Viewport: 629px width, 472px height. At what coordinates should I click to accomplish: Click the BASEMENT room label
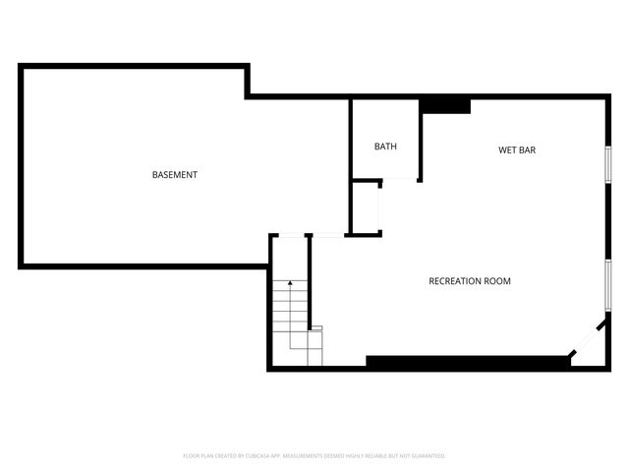pyautogui.click(x=175, y=175)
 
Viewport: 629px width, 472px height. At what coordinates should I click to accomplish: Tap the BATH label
pyautogui.click(x=385, y=147)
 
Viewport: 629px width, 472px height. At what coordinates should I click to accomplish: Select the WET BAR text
pyautogui.click(x=516, y=150)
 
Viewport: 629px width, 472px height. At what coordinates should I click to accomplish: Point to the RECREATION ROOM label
pyautogui.click(x=470, y=281)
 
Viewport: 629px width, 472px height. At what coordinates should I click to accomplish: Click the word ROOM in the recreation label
pyautogui.click(x=498, y=281)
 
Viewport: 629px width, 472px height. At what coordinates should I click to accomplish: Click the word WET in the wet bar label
pyautogui.click(x=506, y=150)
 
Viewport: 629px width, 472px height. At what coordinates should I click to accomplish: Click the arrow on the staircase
pyautogui.click(x=290, y=285)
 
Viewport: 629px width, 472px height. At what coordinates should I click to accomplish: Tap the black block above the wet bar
pyautogui.click(x=445, y=105)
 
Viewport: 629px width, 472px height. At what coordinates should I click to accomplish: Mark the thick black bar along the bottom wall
pyautogui.click(x=468, y=362)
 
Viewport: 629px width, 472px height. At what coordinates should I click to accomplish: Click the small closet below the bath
pyautogui.click(x=366, y=207)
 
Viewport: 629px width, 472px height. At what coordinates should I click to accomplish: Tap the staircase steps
pyautogui.click(x=291, y=320)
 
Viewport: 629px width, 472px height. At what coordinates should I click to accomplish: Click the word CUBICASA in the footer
pyautogui.click(x=268, y=456)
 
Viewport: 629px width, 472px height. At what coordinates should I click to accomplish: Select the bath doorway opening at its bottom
pyautogui.click(x=399, y=181)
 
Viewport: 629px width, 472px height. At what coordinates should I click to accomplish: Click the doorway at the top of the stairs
pyautogui.click(x=291, y=235)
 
